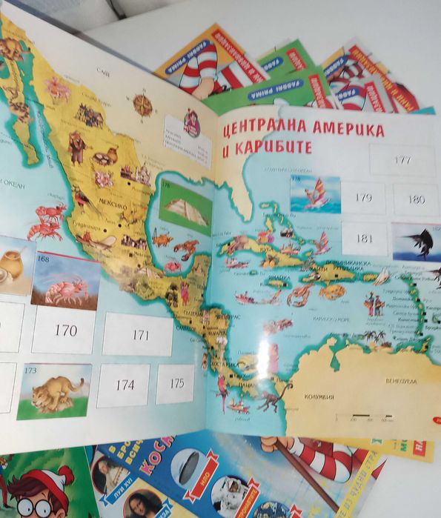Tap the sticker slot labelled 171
point(139,334)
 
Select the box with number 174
point(123,385)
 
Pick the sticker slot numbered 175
point(176,383)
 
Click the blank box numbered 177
point(402,160)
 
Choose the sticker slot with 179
point(363,198)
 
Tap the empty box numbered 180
point(417,199)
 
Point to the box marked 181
point(365,239)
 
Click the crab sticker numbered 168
point(66,282)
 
